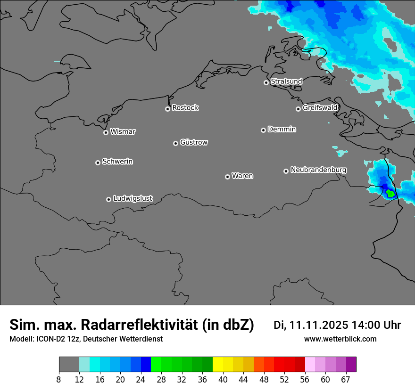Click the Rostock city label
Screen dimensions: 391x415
tap(185, 108)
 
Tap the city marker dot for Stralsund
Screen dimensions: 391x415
tap(266, 82)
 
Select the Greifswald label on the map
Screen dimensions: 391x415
tap(320, 108)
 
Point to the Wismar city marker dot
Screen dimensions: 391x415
tap(106, 132)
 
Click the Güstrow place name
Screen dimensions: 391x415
tap(193, 142)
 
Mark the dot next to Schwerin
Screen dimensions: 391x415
tap(98, 163)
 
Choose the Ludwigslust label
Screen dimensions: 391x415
tap(133, 198)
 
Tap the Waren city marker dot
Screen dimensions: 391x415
tap(227, 177)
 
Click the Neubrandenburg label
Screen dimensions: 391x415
tap(318, 170)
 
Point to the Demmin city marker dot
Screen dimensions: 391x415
tap(263, 130)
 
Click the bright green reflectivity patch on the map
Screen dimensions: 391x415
tap(390, 193)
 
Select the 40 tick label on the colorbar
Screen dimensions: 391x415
tap(223, 380)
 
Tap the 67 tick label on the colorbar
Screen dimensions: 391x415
tap(346, 380)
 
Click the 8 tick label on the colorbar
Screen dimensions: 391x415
tap(59, 380)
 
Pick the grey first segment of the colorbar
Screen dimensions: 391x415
tap(69, 365)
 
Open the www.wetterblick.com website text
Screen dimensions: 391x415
tap(340, 339)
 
